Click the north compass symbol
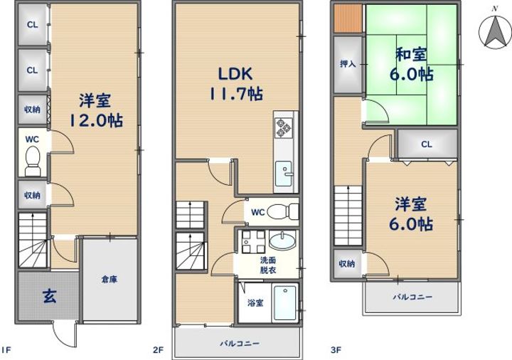[495, 31]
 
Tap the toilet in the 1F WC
[32, 161]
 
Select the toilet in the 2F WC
[283, 212]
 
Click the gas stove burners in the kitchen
[284, 128]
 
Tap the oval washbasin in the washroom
[282, 240]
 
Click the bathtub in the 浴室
[285, 303]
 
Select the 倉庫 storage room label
[110, 280]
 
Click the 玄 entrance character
[50, 297]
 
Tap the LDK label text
[235, 74]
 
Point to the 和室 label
[412, 54]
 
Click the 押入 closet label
[348, 64]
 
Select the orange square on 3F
[348, 18]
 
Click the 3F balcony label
[412, 297]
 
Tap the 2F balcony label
[240, 344]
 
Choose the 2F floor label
[158, 350]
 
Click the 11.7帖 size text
[235, 95]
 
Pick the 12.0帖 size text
[95, 121]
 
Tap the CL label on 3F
[427, 144]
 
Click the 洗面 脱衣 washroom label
[268, 265]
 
